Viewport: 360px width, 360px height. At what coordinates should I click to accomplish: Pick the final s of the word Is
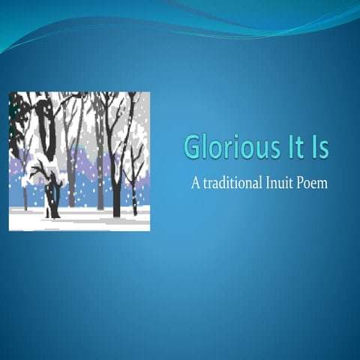[323, 148]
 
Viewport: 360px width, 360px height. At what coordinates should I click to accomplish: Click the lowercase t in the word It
[299, 146]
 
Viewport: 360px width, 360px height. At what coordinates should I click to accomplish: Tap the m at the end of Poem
[323, 184]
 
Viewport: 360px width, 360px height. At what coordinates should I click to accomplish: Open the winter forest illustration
[79, 160]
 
